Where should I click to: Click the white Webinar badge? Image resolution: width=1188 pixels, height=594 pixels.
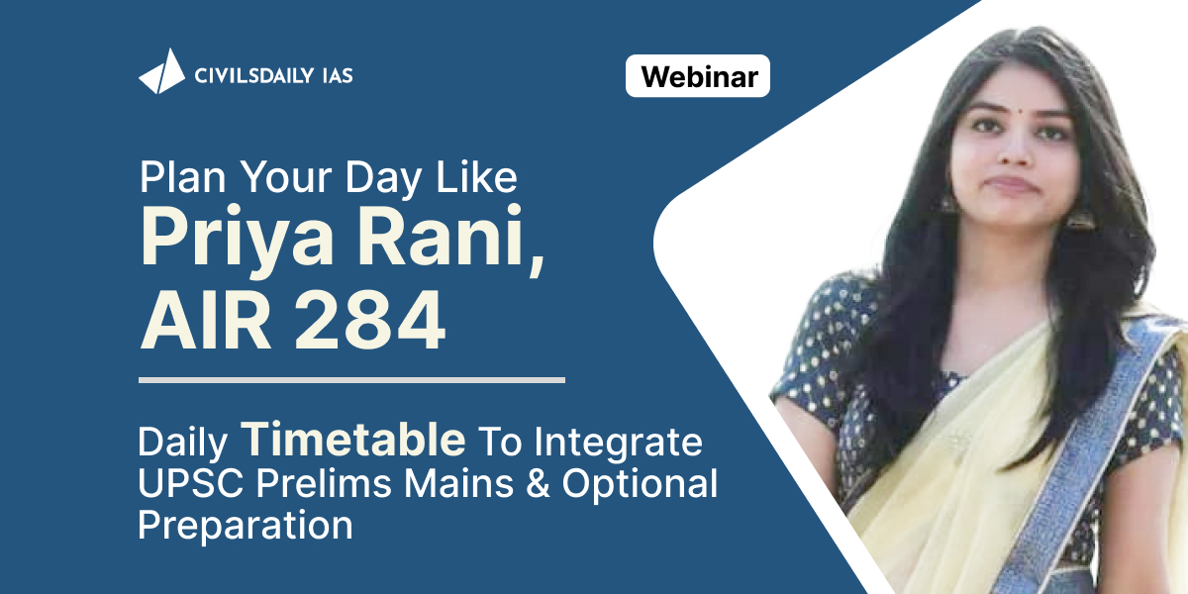(697, 76)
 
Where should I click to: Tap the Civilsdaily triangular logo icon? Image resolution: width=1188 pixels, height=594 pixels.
(161, 71)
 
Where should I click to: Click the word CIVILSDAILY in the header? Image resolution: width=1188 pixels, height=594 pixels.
(254, 75)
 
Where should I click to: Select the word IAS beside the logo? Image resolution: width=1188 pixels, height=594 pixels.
(338, 75)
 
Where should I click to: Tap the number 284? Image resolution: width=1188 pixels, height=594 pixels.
(369, 321)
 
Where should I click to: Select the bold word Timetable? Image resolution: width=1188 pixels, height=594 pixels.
(353, 439)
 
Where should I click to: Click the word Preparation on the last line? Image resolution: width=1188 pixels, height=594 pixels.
(246, 526)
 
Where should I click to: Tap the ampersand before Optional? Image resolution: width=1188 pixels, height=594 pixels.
(538, 483)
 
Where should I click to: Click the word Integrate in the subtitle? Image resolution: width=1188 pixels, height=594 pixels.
(618, 443)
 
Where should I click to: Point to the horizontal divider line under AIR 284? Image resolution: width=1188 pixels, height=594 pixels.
(351, 380)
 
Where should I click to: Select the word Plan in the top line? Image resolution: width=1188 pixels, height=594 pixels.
(183, 177)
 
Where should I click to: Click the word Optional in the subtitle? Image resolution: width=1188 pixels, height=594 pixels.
(640, 484)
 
